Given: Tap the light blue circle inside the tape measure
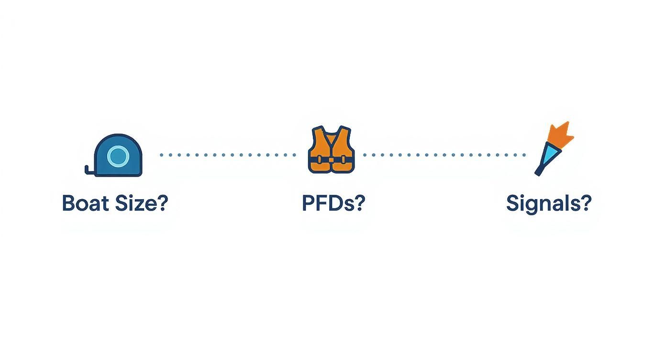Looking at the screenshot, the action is (x=118, y=156).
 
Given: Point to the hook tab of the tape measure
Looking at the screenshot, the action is (x=89, y=170).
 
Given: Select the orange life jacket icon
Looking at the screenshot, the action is (x=331, y=150).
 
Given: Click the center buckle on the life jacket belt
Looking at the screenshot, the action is (x=331, y=160).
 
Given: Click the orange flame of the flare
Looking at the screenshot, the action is (x=560, y=135).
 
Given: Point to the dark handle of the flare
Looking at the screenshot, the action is (x=540, y=171).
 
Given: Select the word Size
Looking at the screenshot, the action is (x=135, y=203).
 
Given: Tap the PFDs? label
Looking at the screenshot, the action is (x=333, y=203).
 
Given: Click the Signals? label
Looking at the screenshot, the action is (x=549, y=204).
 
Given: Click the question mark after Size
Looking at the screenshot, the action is (x=162, y=203).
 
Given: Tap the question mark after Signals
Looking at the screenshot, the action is (x=586, y=203).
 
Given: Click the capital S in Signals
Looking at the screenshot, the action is (x=513, y=203).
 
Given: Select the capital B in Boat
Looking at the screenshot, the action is (x=68, y=203).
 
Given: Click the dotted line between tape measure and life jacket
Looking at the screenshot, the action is (x=228, y=155).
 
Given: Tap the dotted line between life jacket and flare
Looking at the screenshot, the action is (x=444, y=155).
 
